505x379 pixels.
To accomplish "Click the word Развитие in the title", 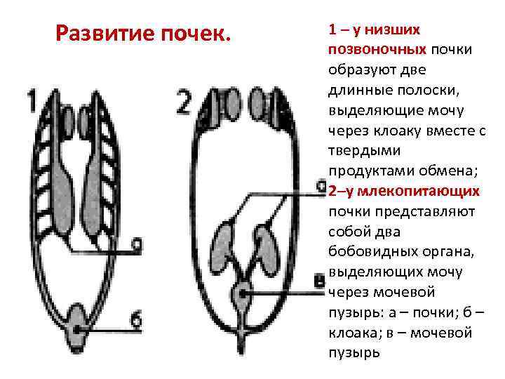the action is (103, 32).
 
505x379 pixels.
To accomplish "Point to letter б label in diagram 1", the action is (135, 320).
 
